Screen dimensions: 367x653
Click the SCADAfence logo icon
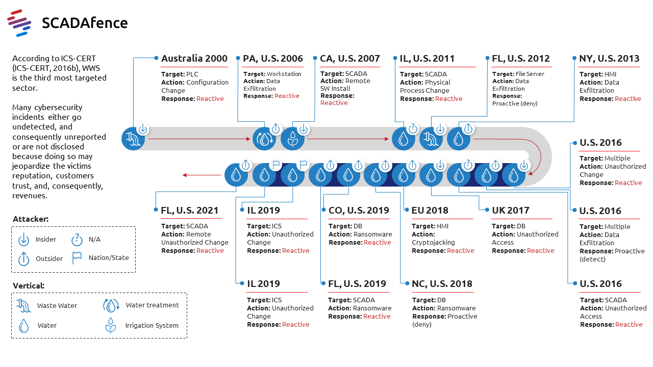point(20,23)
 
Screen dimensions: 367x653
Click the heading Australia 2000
point(194,58)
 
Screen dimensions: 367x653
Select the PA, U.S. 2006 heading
point(273,58)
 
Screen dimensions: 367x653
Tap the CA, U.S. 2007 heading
point(350,58)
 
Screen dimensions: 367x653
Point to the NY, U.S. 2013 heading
point(609,58)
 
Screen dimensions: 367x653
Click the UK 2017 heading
point(511,210)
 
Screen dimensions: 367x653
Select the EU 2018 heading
point(430,210)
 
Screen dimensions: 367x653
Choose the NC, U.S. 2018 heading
point(442,283)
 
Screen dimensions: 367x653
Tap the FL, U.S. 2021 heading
point(190,210)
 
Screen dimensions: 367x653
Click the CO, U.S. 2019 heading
point(359,210)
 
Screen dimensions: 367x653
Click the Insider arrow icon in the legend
point(23,239)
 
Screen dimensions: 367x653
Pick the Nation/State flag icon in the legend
point(77,257)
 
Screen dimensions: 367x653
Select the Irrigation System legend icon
point(110,325)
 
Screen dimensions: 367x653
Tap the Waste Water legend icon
point(23,305)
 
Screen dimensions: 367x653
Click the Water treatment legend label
point(152,305)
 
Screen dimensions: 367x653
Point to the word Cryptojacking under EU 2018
point(433,242)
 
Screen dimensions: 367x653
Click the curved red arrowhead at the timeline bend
point(531,172)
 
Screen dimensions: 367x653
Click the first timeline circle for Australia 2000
point(133,138)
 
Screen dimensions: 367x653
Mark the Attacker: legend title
point(31,219)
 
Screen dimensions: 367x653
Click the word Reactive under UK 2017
point(540,250)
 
